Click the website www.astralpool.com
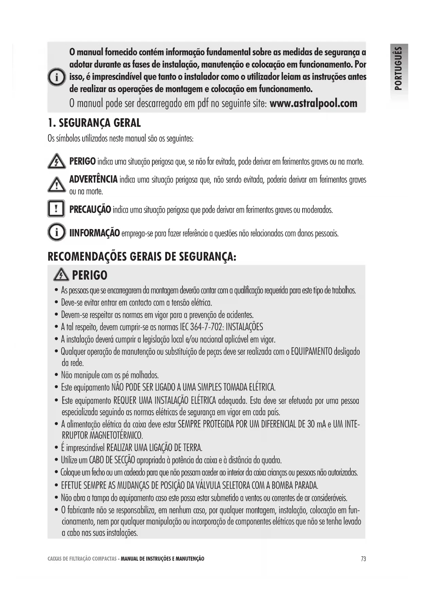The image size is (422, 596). (313, 103)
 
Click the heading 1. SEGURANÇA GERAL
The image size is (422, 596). (94, 123)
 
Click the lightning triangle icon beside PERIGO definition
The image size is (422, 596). (56, 161)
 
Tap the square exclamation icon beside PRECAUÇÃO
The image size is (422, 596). (56, 208)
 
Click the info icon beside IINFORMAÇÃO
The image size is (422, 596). (56, 232)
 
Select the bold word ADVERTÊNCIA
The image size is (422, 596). (94, 179)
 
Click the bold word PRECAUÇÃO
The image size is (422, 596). (90, 209)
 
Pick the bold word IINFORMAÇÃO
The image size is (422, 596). (95, 233)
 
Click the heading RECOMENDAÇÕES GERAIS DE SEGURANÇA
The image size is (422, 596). (142, 257)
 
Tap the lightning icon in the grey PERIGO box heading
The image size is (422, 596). (61, 275)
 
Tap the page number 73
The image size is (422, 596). (364, 559)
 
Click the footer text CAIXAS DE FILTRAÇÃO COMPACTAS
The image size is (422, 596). (82, 559)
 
